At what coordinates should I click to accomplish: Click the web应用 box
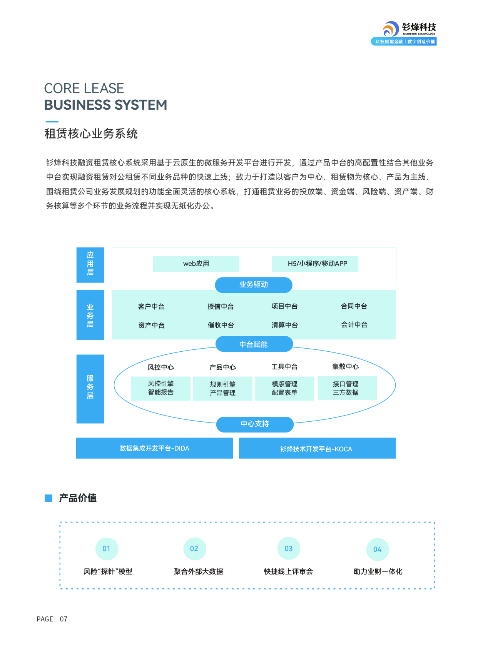click(196, 264)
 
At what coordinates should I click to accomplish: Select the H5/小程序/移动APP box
click(315, 264)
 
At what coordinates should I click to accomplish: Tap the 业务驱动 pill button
click(253, 285)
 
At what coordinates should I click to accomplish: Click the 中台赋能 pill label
click(254, 344)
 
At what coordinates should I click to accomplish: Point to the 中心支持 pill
click(255, 424)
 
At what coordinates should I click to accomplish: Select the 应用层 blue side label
click(90, 265)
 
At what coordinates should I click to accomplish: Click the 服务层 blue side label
click(90, 389)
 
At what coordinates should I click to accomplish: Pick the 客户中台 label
click(151, 307)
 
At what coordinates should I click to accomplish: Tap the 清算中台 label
click(285, 325)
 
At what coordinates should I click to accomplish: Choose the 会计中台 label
click(354, 325)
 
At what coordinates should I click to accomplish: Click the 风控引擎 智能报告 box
click(161, 388)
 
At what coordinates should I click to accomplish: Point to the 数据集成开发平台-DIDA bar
click(154, 448)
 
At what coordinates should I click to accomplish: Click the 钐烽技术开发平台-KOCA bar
click(317, 448)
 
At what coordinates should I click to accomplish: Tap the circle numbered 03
click(289, 549)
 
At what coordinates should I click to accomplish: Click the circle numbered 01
click(107, 549)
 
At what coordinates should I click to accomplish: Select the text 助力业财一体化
click(378, 572)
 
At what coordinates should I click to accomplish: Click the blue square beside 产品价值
click(48, 498)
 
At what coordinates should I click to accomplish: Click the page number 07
click(64, 619)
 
